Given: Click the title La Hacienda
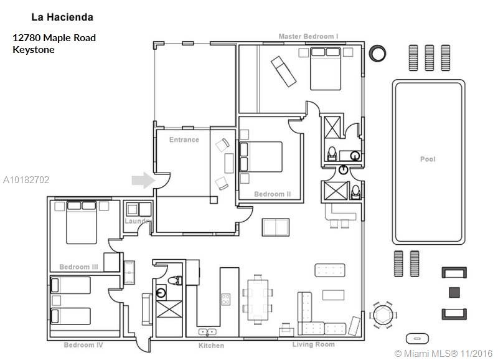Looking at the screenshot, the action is click(x=62, y=17).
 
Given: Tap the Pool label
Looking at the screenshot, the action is click(x=428, y=159).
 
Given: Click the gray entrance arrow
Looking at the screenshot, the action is click(x=143, y=180).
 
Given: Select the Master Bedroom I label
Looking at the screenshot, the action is click(x=308, y=36).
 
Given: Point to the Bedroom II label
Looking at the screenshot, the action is click(x=273, y=194).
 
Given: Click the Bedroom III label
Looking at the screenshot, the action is click(x=79, y=267).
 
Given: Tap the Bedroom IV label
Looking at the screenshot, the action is click(x=83, y=345).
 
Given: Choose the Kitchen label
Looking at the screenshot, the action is click(x=211, y=346).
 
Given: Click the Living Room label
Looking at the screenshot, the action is click(x=314, y=344).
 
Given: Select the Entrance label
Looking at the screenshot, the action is click(x=184, y=140).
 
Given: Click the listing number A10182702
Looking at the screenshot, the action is click(x=26, y=180).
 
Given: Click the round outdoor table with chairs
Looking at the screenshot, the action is click(x=383, y=315).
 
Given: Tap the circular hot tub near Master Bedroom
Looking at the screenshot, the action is click(x=377, y=53).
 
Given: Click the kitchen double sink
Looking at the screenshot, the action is click(x=207, y=333).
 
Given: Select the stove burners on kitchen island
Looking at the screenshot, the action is click(x=226, y=299).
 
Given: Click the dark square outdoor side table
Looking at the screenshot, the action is click(x=454, y=292).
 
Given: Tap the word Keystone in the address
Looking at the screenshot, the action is click(x=34, y=50).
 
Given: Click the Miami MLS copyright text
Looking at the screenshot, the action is click(x=443, y=353).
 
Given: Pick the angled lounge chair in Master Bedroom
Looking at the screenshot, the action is click(x=284, y=72).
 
